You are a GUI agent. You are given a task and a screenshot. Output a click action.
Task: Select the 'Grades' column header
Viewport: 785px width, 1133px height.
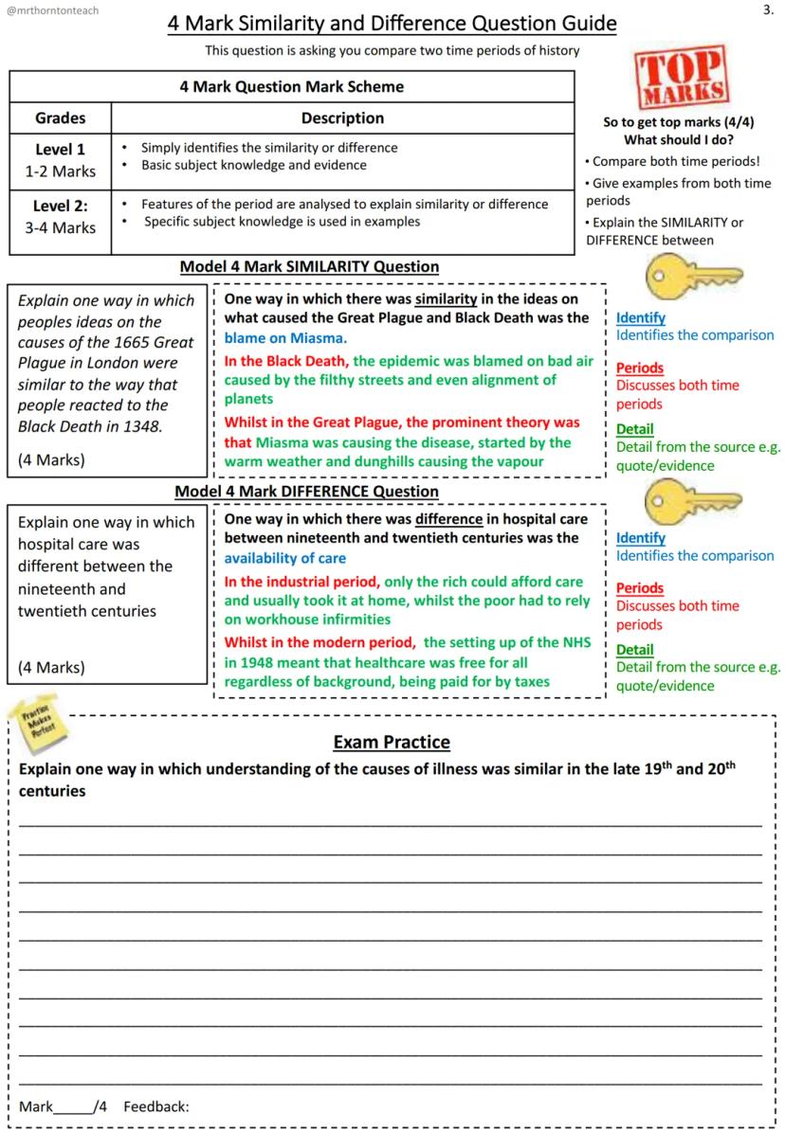point(60,118)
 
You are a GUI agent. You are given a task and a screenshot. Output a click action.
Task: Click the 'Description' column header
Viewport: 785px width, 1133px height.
point(342,118)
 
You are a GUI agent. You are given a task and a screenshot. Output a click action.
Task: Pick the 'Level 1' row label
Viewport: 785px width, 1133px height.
point(60,149)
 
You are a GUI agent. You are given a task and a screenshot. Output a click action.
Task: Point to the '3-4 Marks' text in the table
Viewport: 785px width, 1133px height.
point(60,227)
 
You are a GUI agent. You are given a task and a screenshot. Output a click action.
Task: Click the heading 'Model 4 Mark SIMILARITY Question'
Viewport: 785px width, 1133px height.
point(309,267)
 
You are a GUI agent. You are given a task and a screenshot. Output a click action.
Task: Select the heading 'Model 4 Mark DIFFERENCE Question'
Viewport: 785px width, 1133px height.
point(307,492)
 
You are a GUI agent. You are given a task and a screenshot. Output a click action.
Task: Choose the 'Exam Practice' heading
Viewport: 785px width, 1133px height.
point(392,742)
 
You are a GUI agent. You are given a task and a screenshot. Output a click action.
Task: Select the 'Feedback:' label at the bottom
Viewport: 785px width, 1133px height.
point(156,1106)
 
